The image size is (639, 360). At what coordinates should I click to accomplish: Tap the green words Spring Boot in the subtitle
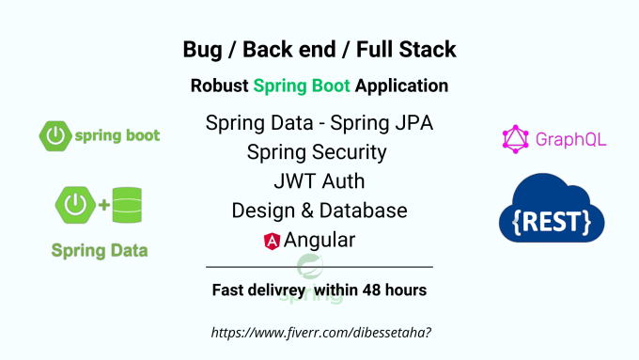click(x=302, y=86)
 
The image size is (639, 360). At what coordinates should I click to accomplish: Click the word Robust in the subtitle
click(x=220, y=86)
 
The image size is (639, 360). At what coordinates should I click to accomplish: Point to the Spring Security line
click(x=318, y=151)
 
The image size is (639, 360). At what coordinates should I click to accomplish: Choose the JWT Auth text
click(x=319, y=180)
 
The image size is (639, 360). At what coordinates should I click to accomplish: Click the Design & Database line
click(x=319, y=210)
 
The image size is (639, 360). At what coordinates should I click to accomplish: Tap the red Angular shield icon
click(x=273, y=241)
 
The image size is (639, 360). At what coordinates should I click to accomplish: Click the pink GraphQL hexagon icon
click(x=516, y=140)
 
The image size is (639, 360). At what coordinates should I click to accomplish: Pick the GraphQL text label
click(x=570, y=140)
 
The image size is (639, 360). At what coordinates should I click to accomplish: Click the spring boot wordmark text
click(x=117, y=135)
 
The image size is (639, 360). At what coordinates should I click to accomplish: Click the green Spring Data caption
click(x=99, y=251)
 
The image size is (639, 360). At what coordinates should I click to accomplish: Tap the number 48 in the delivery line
click(x=368, y=290)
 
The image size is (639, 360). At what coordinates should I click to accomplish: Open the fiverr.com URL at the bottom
click(x=319, y=333)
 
